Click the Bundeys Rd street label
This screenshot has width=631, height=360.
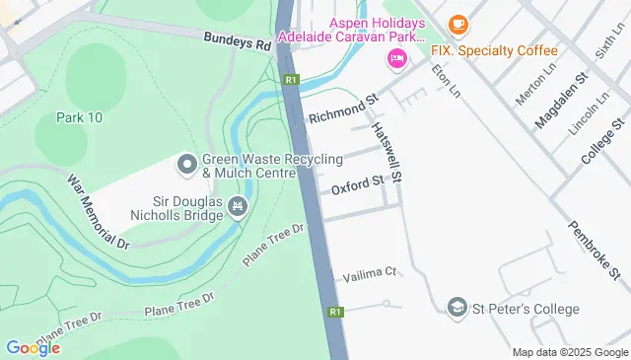(x=238, y=43)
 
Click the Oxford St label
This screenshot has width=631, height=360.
(x=356, y=185)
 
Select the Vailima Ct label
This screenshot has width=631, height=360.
(x=371, y=271)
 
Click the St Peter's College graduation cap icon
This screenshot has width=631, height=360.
(x=457, y=309)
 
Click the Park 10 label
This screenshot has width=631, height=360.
(x=80, y=116)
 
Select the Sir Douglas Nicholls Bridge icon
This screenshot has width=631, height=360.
(x=237, y=206)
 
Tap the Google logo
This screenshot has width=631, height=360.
(x=33, y=347)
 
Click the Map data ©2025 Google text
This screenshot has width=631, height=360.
(x=569, y=352)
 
